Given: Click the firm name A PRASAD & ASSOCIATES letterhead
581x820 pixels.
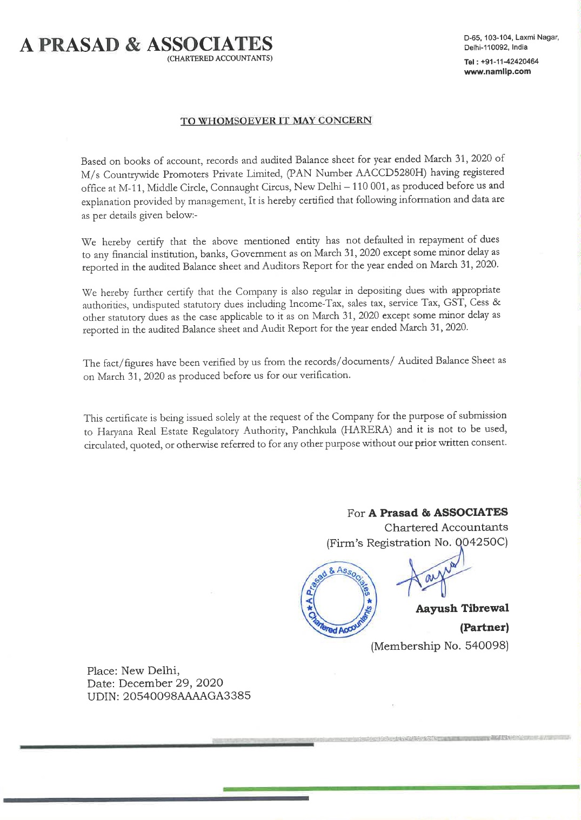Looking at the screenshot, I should point(146,44).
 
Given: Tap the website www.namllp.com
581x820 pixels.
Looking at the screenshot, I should point(497,71).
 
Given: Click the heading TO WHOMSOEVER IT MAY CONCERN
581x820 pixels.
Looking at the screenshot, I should point(276,120).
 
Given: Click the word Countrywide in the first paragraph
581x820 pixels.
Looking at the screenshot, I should point(131,174).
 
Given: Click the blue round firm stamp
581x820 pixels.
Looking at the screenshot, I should point(338,600).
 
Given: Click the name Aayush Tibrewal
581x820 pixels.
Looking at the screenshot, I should point(462,608).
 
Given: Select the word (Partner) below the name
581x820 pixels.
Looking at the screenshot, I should point(484,628).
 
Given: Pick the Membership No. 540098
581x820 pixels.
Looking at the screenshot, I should point(439,646).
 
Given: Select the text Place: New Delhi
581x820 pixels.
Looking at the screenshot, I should point(133,670).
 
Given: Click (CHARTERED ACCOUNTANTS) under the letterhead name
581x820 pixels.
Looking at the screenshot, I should point(219,58).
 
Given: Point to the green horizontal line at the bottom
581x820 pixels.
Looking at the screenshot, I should point(400,789).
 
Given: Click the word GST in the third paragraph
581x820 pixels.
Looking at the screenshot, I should point(454,303).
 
